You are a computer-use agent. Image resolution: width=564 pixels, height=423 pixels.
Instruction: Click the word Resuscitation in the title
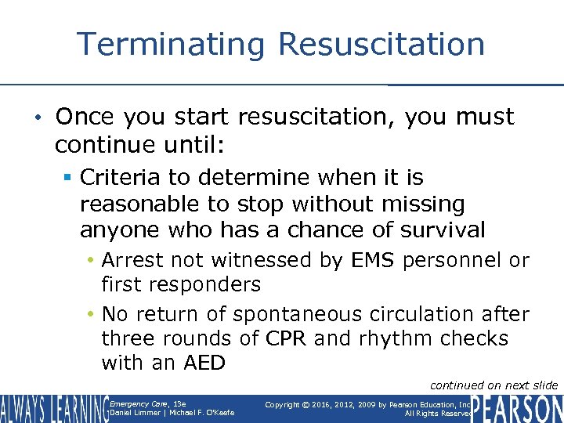(x=381, y=44)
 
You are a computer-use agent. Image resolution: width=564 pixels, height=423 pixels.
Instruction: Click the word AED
(x=204, y=363)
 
